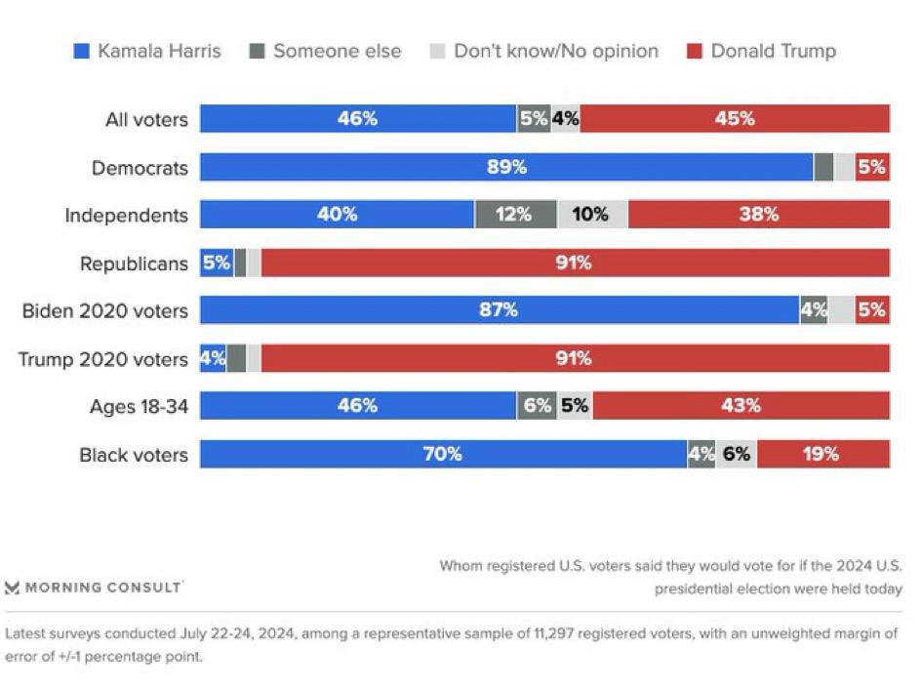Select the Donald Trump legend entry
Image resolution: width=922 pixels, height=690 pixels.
coord(761,51)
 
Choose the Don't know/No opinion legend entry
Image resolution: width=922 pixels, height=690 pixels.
coord(544,51)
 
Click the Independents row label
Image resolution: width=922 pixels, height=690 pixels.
coord(126,215)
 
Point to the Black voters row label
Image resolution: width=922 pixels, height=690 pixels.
coord(134,455)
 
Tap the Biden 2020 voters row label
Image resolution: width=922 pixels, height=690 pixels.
coord(105,311)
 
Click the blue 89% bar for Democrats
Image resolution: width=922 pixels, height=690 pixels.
coord(506,167)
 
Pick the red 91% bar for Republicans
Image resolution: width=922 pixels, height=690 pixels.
coord(575,263)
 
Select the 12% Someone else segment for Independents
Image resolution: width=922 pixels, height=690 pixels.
coord(515,215)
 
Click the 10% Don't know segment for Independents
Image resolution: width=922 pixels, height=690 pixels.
coord(592,215)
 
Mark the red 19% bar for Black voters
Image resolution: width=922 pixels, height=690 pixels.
coord(822,454)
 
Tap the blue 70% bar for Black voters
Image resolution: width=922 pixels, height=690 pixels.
coord(443,454)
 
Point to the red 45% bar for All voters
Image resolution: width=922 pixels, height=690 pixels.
coord(734,119)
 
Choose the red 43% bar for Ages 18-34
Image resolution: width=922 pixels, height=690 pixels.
coord(741,406)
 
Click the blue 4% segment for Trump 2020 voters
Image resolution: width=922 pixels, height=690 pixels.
coord(213,358)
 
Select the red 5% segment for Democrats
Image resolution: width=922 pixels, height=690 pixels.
coord(872,167)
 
